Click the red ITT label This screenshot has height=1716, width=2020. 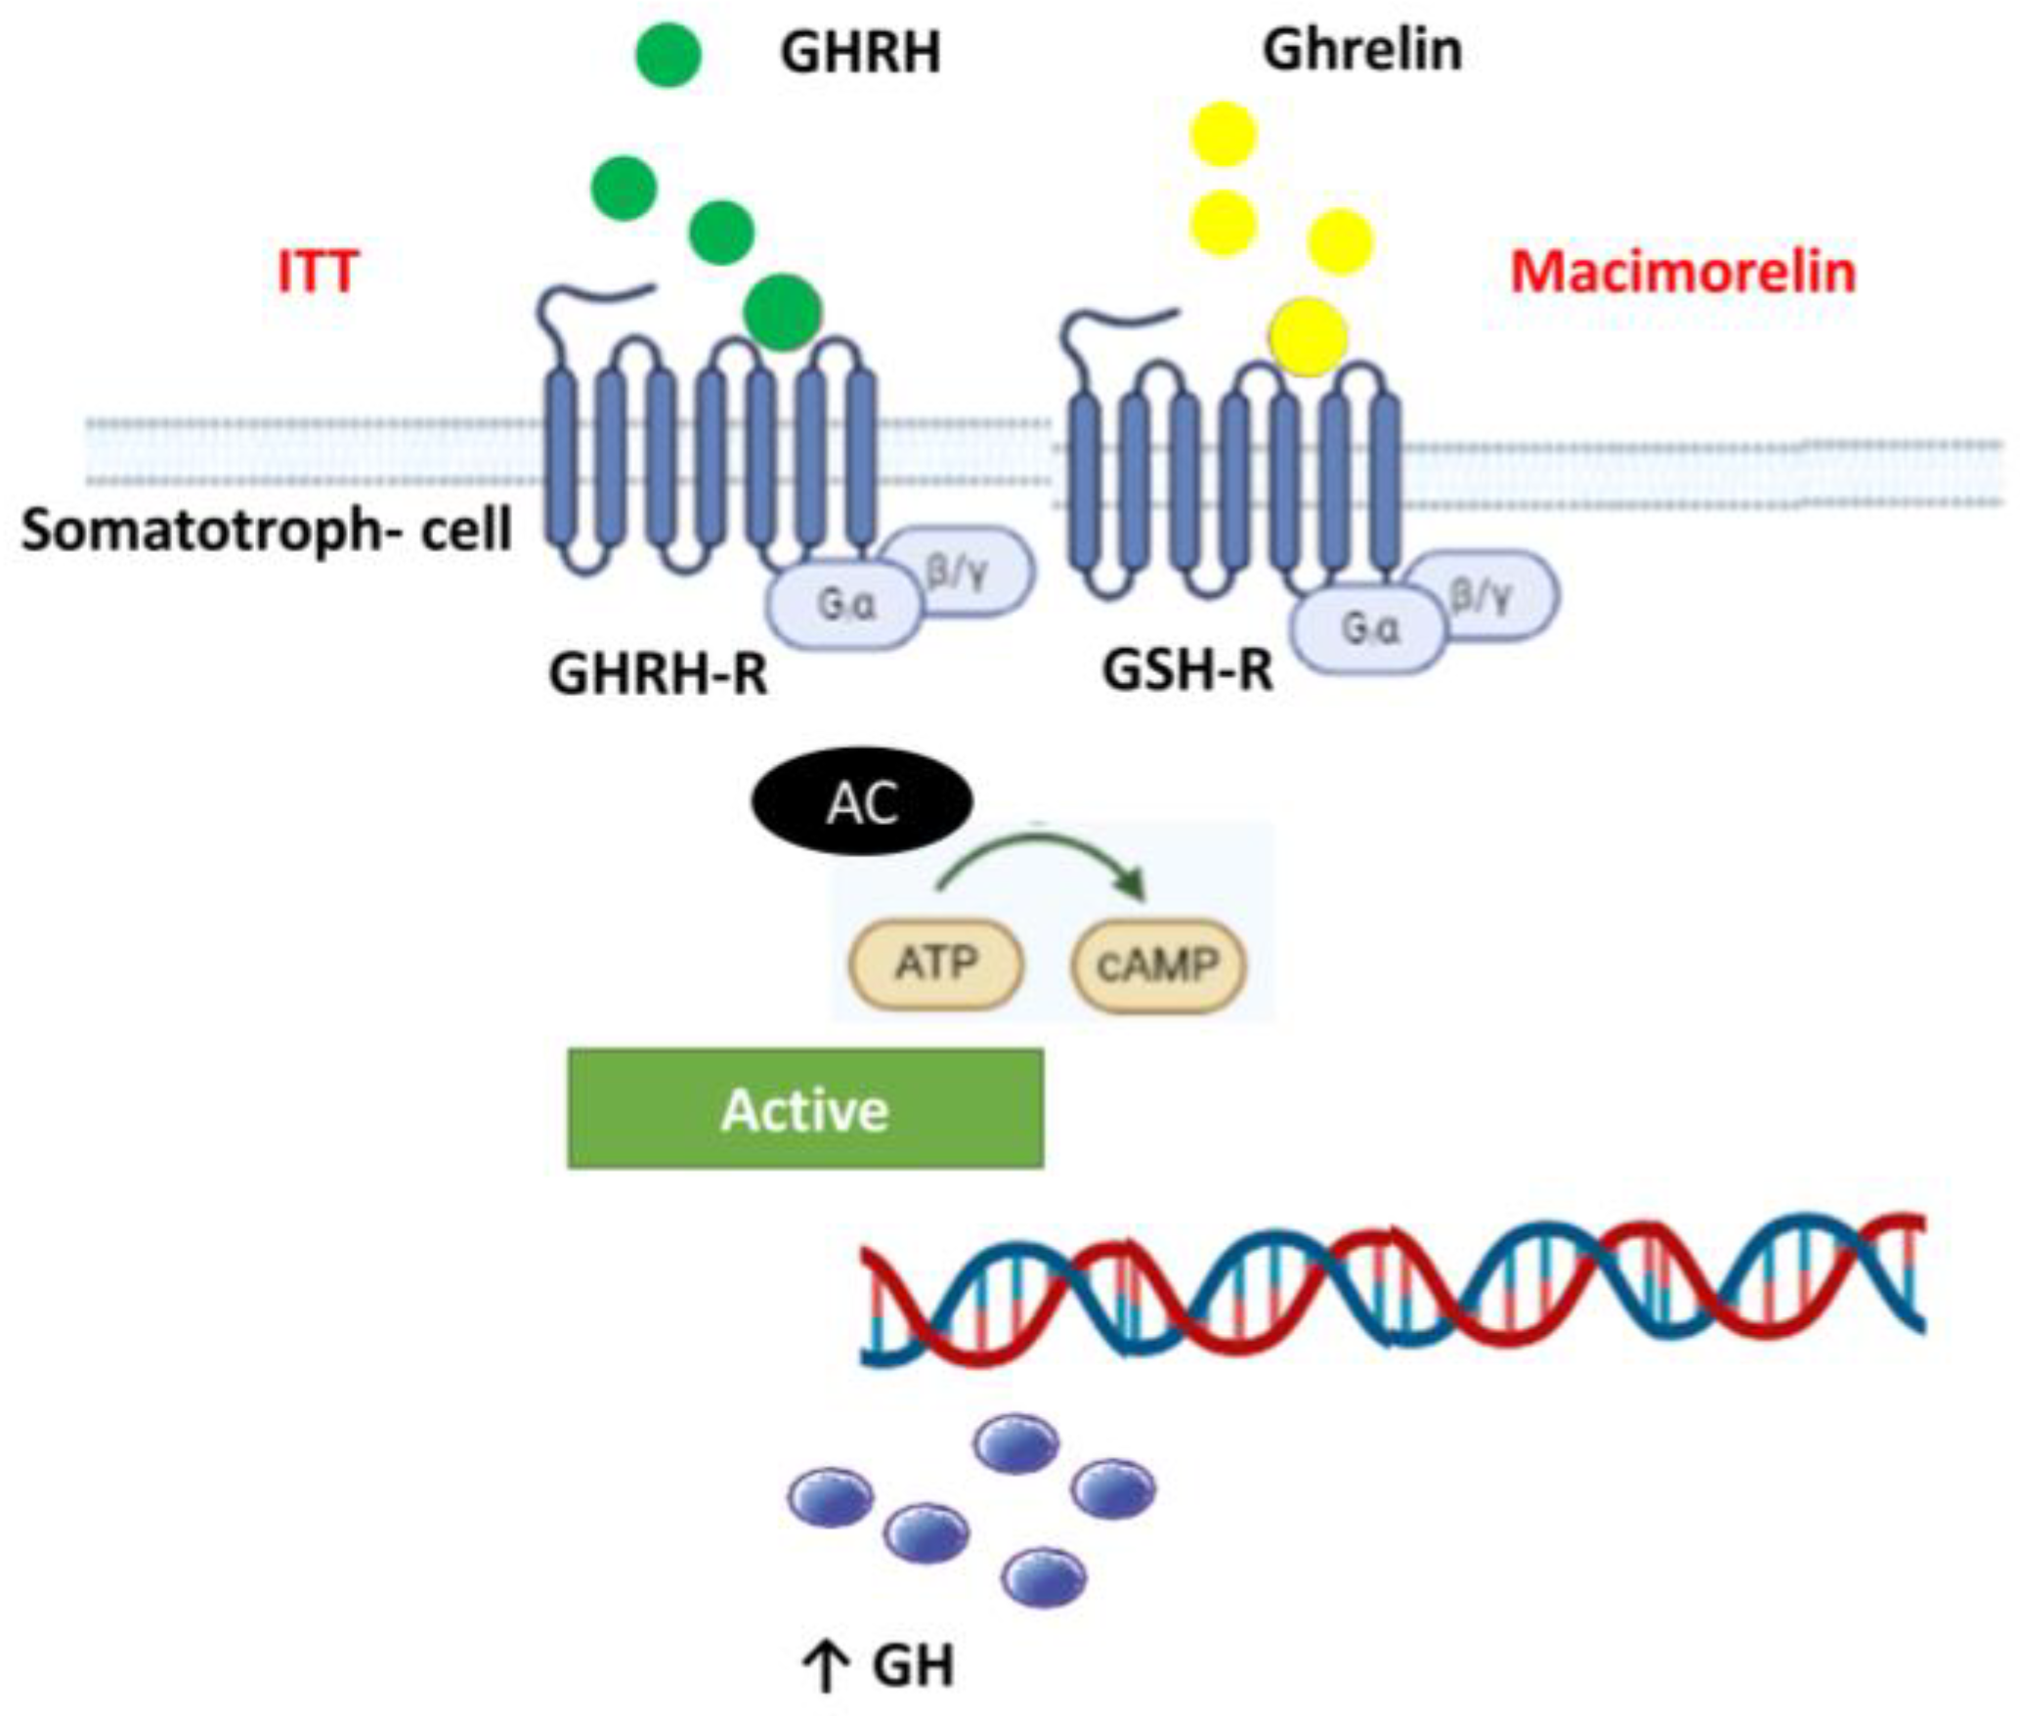[x=318, y=272]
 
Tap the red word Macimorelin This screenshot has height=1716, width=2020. [x=1683, y=272]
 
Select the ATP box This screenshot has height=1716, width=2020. [x=935, y=965]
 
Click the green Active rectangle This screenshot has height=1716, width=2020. [x=805, y=1109]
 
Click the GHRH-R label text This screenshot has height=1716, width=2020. [x=658, y=673]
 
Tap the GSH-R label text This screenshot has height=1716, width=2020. [x=1187, y=670]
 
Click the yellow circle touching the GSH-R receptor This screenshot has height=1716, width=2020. [x=1308, y=336]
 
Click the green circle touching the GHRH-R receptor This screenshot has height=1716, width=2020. [x=782, y=312]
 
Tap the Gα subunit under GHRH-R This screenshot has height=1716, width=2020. [x=845, y=606]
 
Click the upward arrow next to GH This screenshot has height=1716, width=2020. [x=826, y=1668]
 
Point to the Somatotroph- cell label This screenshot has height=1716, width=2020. [x=267, y=531]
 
